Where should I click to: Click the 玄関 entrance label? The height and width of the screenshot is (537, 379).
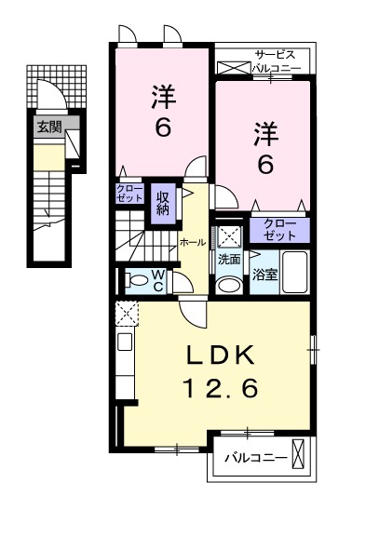click(49, 128)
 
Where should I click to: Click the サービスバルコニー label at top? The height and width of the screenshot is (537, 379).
click(278, 61)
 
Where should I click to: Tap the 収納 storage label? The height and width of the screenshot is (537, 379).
click(164, 202)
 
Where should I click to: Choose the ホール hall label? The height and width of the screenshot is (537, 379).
click(193, 241)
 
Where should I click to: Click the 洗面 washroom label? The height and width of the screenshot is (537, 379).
click(230, 261)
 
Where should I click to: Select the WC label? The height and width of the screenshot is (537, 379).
click(157, 280)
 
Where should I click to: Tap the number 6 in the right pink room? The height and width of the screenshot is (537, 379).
click(264, 165)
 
